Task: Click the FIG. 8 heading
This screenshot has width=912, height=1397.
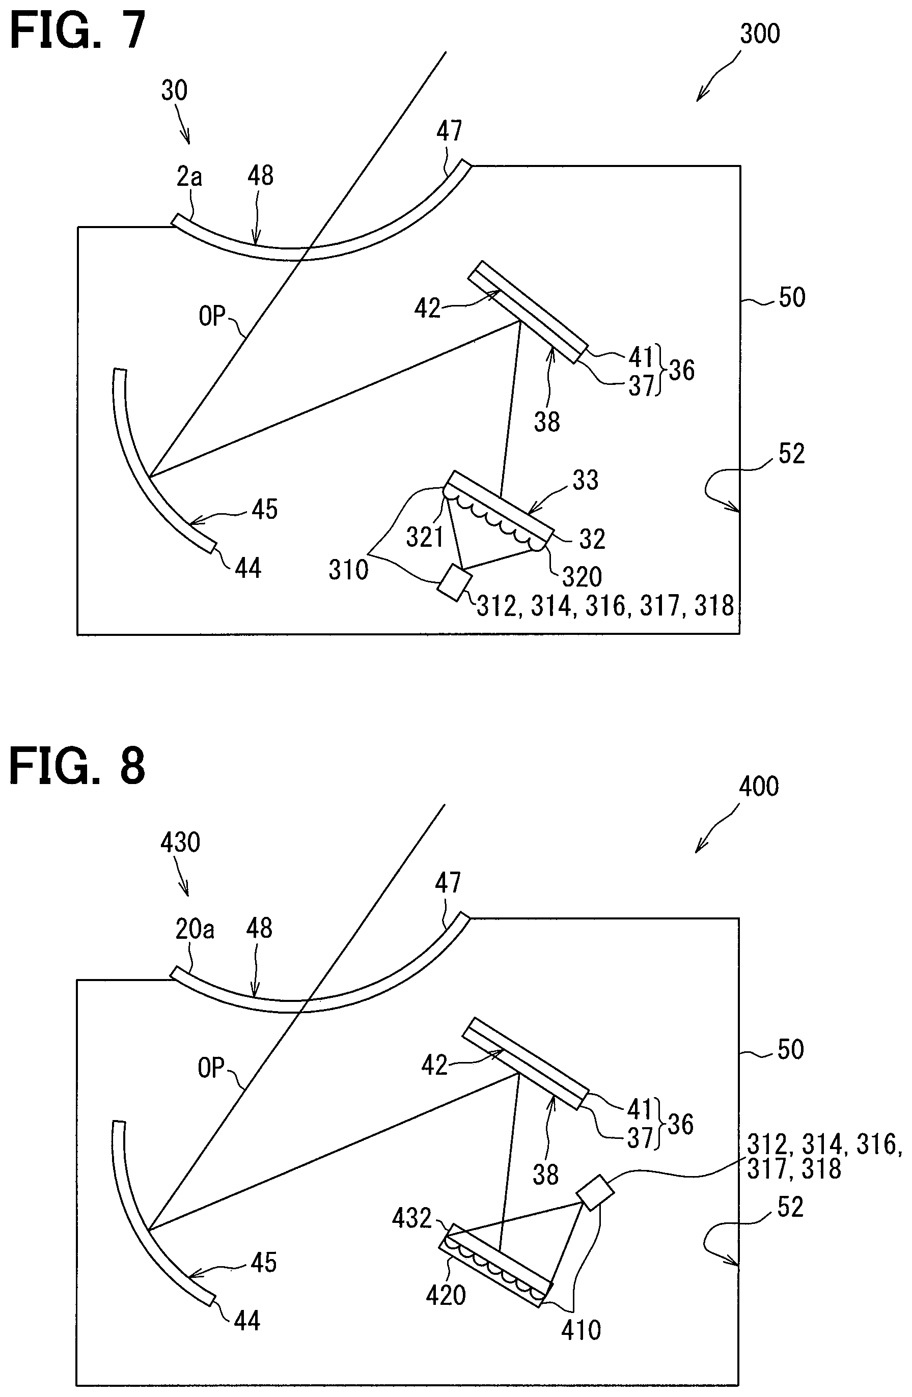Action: pos(77,766)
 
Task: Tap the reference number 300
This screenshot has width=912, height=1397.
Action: pos(759,34)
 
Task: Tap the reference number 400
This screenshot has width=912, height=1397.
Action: pos(758,786)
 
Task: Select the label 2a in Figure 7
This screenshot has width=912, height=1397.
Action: pos(189,176)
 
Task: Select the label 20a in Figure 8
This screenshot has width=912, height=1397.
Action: pos(195,929)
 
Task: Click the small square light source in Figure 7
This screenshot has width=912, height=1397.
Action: pos(455,582)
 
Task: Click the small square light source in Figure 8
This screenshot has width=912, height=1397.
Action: pos(595,1191)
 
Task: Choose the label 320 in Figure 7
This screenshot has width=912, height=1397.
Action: pos(582,577)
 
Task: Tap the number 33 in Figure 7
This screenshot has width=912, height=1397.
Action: pos(585,480)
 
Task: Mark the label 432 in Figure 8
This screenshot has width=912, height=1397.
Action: pos(411,1219)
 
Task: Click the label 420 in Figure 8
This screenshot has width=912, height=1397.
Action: pos(446,1294)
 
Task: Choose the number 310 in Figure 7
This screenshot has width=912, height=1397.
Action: pos(348,569)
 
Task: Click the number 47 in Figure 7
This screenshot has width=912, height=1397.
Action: pos(449,131)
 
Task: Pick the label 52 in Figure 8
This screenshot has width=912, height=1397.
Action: pos(790,1208)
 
